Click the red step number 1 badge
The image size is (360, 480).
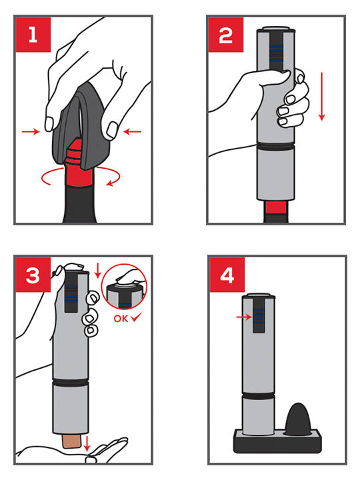33,35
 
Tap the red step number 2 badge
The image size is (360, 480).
225,35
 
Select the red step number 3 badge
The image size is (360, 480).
33,275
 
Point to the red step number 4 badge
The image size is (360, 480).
227,275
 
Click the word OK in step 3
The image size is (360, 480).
121,319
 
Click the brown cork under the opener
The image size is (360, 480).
71,441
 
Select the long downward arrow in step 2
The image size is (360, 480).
321,96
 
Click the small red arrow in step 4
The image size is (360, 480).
244,317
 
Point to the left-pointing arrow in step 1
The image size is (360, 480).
132,131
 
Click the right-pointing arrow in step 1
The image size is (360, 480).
31,131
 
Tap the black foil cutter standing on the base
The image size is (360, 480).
299,419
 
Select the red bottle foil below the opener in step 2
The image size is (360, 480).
276,207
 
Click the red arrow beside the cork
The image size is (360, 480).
87,443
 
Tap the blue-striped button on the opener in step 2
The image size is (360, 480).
276,53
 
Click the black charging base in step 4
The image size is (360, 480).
277,441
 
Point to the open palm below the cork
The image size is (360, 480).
73,453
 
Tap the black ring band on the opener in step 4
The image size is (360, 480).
259,396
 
